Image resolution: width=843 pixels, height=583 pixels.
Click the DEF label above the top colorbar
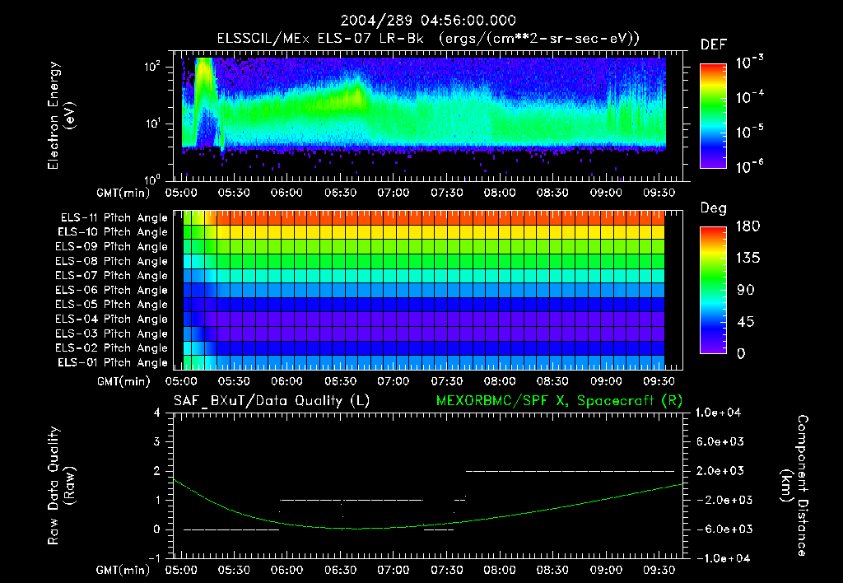coord(713,44)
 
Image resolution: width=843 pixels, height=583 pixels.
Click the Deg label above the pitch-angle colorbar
coord(713,208)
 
